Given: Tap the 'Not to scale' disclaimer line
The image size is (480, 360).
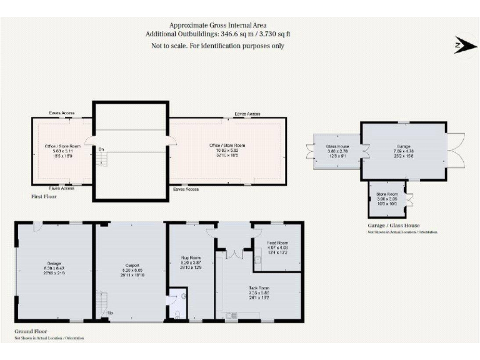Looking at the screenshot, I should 217,46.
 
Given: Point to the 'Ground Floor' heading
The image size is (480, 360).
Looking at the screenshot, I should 31,331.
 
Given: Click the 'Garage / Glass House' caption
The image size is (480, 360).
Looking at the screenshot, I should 394,226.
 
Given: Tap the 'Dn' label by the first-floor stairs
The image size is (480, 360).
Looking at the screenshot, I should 101,149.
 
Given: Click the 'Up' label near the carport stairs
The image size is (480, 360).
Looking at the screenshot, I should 111,312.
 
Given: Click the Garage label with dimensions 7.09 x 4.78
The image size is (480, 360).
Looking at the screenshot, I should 404,151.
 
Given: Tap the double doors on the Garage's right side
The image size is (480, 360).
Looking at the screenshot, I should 455,151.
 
